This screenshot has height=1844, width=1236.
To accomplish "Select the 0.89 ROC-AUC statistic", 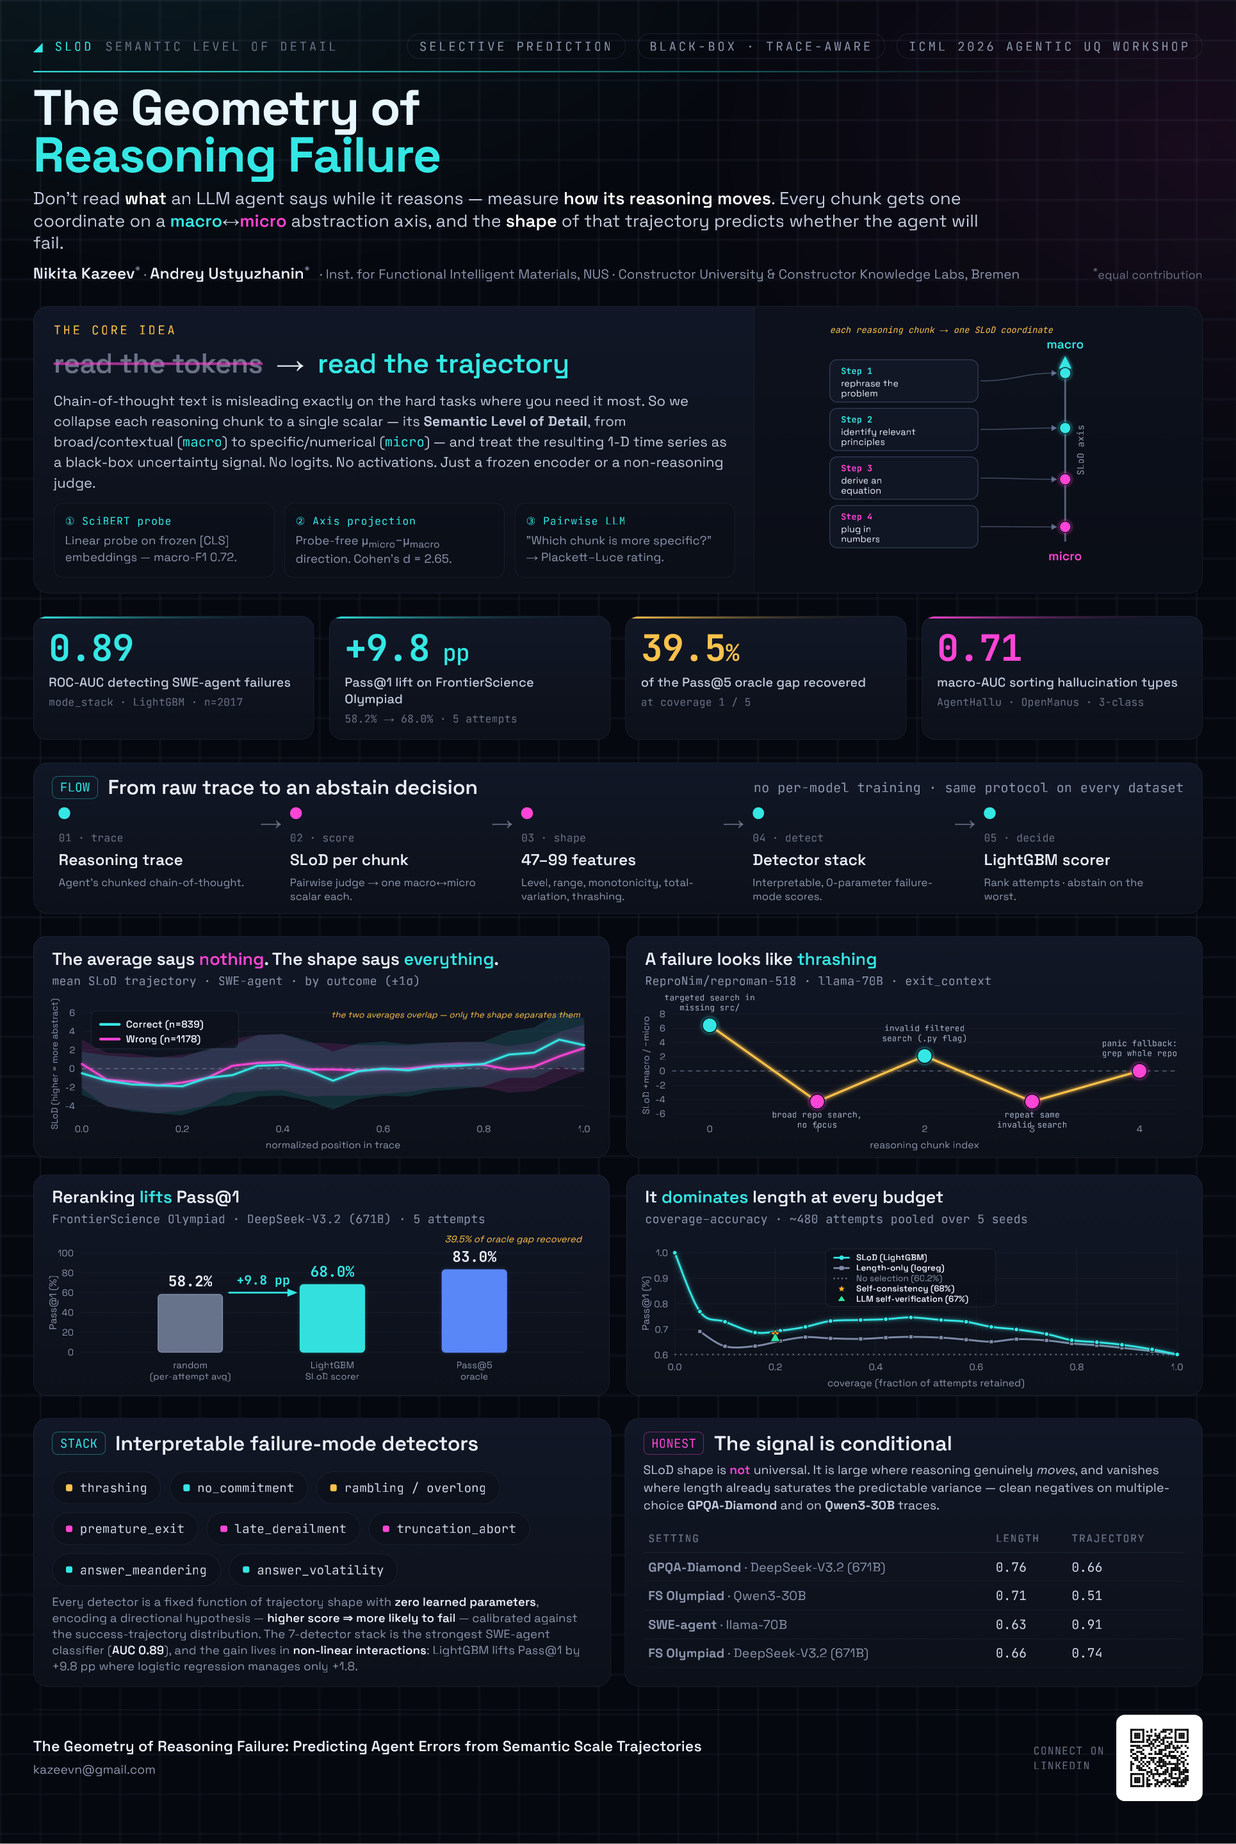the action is click(x=91, y=649).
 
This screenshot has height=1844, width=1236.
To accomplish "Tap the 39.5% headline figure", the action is click(x=690, y=649).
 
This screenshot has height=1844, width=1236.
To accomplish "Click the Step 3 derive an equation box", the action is click(x=904, y=478).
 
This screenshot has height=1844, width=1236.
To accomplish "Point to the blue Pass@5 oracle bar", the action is click(x=474, y=1311).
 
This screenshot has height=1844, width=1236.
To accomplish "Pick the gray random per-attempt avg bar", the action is click(x=190, y=1323).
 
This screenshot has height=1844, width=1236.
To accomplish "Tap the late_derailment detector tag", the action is click(x=283, y=1529).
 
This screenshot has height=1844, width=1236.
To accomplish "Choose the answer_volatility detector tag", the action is click(x=313, y=1570).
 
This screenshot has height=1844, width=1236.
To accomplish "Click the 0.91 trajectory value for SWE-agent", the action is click(x=1086, y=1624).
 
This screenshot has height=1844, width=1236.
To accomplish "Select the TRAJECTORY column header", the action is click(x=1107, y=1538).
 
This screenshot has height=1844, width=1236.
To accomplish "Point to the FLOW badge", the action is click(x=75, y=788).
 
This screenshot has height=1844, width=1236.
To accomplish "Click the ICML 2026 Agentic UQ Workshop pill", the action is click(x=1048, y=47).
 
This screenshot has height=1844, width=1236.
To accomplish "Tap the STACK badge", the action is click(x=79, y=1444).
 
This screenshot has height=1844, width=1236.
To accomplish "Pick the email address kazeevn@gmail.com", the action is click(x=95, y=1769).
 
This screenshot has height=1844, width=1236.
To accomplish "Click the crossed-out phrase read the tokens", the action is click(x=158, y=364).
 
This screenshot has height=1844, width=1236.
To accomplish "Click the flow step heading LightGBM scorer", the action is click(x=1047, y=860).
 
